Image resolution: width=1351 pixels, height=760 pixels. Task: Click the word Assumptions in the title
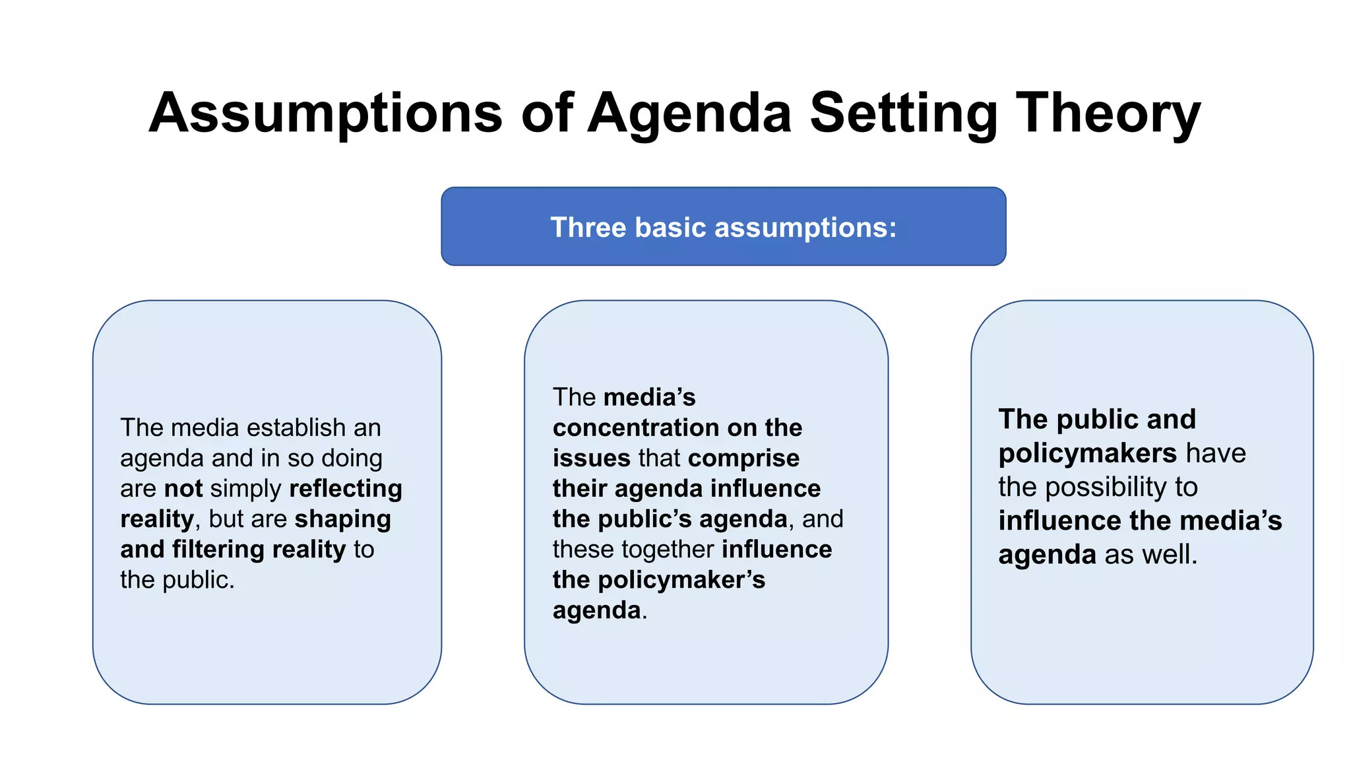(325, 113)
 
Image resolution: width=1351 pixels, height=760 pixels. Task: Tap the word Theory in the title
(1108, 113)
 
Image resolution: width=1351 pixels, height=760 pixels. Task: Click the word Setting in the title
(903, 113)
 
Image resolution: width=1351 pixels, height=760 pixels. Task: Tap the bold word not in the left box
(183, 489)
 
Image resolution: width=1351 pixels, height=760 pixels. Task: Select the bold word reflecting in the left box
(346, 489)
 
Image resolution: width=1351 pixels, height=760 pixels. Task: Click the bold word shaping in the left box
(342, 519)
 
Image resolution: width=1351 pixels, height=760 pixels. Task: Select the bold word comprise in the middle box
(743, 459)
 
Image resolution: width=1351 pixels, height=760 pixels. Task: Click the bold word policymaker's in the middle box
(681, 580)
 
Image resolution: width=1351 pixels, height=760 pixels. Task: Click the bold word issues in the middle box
(591, 459)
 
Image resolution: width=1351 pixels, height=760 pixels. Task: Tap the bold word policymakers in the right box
(1087, 454)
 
